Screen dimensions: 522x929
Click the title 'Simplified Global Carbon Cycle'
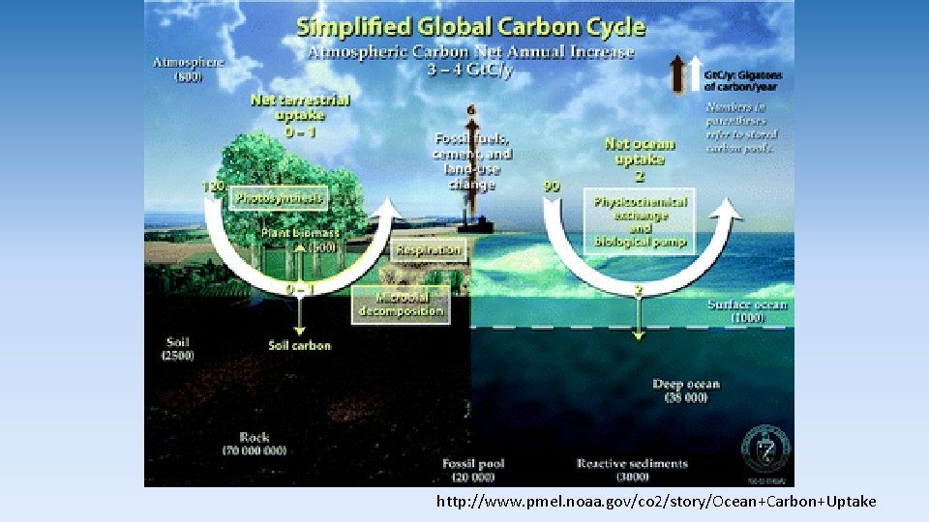click(x=471, y=26)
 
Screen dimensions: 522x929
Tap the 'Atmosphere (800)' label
click(x=188, y=70)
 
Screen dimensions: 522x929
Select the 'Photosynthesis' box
click(x=281, y=198)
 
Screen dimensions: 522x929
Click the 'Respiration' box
click(x=428, y=249)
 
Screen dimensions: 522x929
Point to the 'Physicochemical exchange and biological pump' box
click(x=640, y=221)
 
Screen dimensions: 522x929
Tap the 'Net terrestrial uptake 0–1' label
click(x=300, y=114)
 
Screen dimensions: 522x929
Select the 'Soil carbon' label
click(x=299, y=345)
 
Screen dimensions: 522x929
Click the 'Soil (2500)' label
click(x=177, y=348)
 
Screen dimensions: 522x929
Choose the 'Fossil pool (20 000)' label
click(x=473, y=471)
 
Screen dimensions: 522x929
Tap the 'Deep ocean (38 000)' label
click(x=686, y=391)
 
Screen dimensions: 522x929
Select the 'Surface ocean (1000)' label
click(x=747, y=311)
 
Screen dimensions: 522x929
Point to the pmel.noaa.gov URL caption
click(x=655, y=502)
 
